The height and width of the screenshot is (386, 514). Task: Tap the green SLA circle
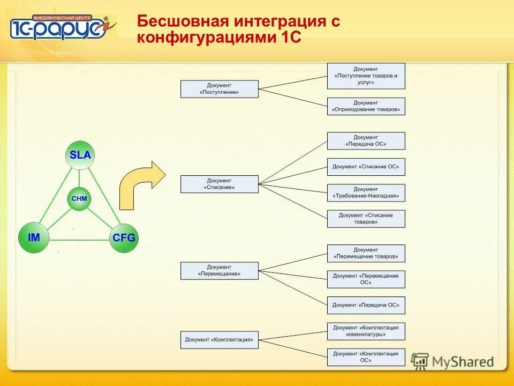80,155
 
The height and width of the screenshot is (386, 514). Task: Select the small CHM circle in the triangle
79,199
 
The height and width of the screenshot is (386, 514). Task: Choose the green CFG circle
124,237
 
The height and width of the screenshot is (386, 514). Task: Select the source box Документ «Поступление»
219,89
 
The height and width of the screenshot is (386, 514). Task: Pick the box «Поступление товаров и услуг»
366,76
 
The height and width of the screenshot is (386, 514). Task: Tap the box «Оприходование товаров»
366,106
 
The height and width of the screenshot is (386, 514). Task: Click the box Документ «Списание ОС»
366,167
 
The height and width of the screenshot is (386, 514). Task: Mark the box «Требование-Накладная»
366,192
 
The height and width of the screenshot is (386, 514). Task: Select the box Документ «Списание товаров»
366,219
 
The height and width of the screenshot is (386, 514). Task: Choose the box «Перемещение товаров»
366,253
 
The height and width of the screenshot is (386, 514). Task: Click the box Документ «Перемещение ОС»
366,279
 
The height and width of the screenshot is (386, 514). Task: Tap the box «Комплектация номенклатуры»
366,331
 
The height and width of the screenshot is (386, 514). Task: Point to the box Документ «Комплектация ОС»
366,357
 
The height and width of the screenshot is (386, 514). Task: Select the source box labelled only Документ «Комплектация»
219,340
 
